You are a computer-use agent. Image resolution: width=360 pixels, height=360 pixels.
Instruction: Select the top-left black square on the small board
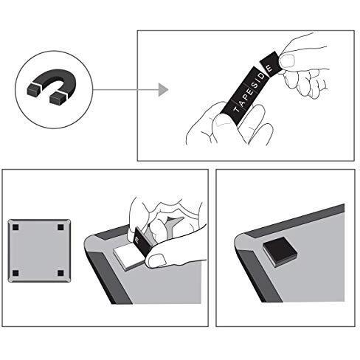pos(16,228)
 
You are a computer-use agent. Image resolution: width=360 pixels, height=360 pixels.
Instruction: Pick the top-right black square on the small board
pos(60,228)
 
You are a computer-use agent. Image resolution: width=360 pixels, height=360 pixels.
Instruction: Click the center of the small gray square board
pos(38,251)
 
